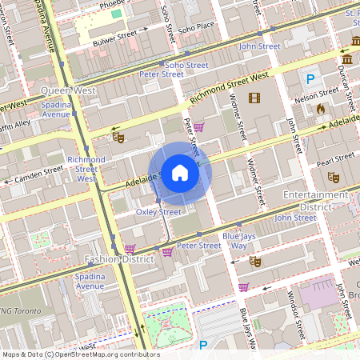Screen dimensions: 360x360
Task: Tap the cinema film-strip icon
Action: (254, 98)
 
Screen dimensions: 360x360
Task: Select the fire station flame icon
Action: (321, 108)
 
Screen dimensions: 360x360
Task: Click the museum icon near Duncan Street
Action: (347, 60)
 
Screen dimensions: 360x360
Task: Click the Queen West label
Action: (68, 90)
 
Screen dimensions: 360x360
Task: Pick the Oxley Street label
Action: (158, 212)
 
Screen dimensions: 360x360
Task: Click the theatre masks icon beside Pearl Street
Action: (334, 174)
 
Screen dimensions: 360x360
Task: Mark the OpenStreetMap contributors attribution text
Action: (80, 354)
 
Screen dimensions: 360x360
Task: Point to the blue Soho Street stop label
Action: (186, 65)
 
